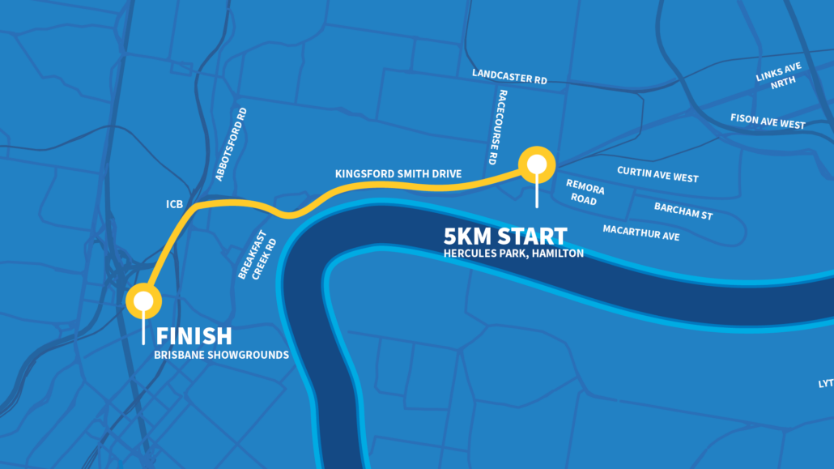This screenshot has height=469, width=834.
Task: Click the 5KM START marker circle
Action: pyautogui.click(x=536, y=164)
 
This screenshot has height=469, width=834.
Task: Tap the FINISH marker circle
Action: pyautogui.click(x=144, y=301)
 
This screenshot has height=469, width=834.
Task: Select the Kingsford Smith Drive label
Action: pyautogui.click(x=398, y=174)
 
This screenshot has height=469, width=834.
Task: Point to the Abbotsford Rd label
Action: pyautogui.click(x=231, y=144)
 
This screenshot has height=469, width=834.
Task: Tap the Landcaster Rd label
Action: pyautogui.click(x=509, y=77)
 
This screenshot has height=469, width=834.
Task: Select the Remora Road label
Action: pyautogui.click(x=585, y=191)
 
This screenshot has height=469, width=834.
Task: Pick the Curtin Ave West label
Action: pyautogui.click(x=657, y=174)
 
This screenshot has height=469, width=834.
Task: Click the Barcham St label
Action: pyautogui.click(x=683, y=211)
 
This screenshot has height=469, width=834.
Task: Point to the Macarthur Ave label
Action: pyautogui.click(x=640, y=233)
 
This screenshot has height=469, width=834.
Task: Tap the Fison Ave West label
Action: pyautogui.click(x=768, y=122)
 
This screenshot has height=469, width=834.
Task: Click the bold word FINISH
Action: pyautogui.click(x=194, y=335)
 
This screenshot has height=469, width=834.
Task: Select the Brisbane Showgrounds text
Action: pyautogui.click(x=222, y=355)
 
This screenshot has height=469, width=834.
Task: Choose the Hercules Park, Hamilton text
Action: pyautogui.click(x=513, y=254)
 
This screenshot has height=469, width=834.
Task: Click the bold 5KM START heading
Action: pyautogui.click(x=505, y=237)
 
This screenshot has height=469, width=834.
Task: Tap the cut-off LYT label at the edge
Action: pyautogui.click(x=825, y=382)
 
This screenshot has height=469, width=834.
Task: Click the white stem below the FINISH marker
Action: pyautogui.click(x=144, y=328)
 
